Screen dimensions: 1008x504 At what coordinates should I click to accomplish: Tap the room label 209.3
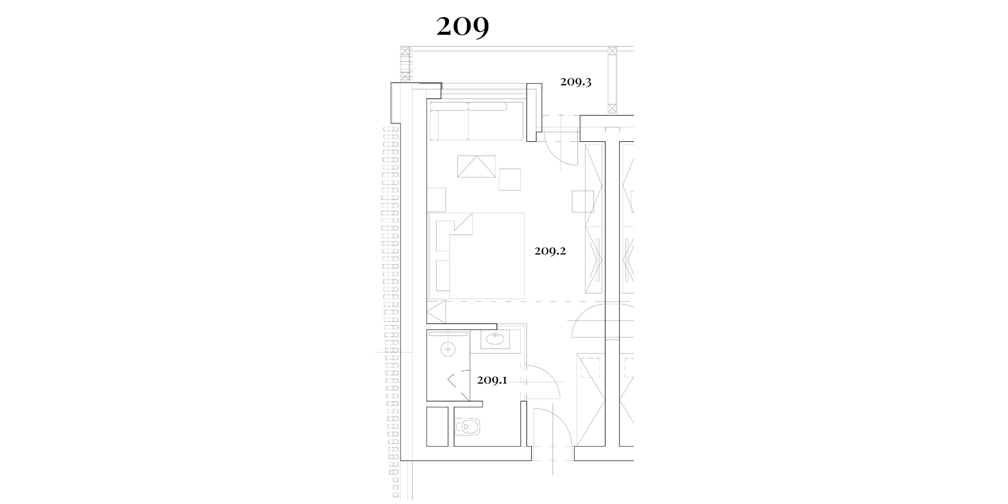pos(576,82)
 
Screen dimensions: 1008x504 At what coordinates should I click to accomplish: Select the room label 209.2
pos(550,250)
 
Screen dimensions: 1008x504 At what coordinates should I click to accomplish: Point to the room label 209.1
pos(492,380)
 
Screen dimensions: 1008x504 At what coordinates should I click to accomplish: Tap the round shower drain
pos(448,349)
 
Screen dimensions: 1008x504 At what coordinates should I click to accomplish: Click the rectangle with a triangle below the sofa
pos(476,166)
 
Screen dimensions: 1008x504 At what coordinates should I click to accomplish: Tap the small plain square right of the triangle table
pos(510,179)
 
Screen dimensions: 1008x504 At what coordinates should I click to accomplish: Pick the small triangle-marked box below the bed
pos(436,312)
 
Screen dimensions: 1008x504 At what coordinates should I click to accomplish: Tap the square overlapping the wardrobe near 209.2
pos(583,202)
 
